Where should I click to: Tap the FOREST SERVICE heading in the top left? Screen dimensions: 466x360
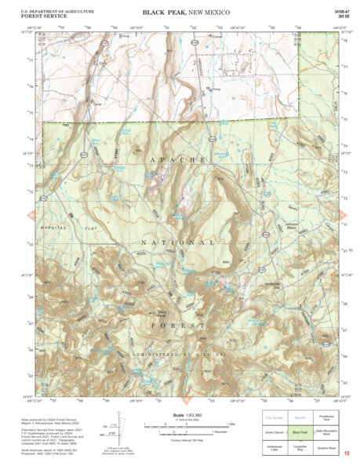tap(31, 16)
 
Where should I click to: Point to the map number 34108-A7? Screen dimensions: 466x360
tap(342, 10)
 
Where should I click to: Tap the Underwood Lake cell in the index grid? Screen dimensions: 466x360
tap(274, 448)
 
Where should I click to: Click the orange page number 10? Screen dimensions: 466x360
tap(347, 452)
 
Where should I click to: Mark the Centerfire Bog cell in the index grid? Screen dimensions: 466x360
tap(300, 448)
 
